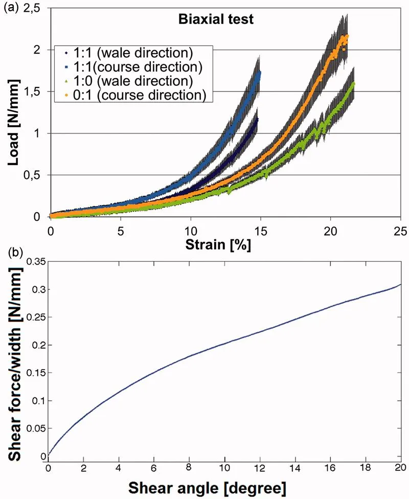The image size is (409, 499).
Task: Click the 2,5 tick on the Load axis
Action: (x=37, y=9)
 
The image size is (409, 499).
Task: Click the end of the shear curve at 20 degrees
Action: (x=400, y=284)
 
